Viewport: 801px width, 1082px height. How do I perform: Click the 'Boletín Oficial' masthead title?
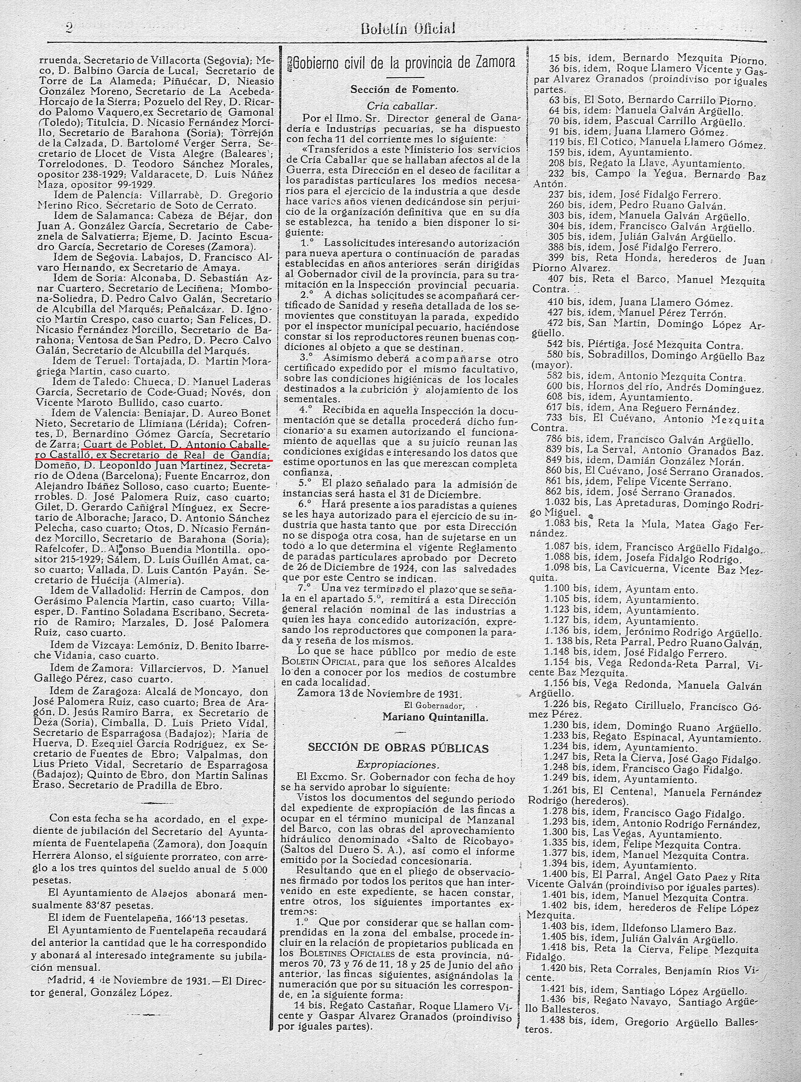click(x=408, y=29)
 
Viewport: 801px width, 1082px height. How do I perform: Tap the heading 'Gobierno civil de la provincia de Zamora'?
click(x=401, y=63)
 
